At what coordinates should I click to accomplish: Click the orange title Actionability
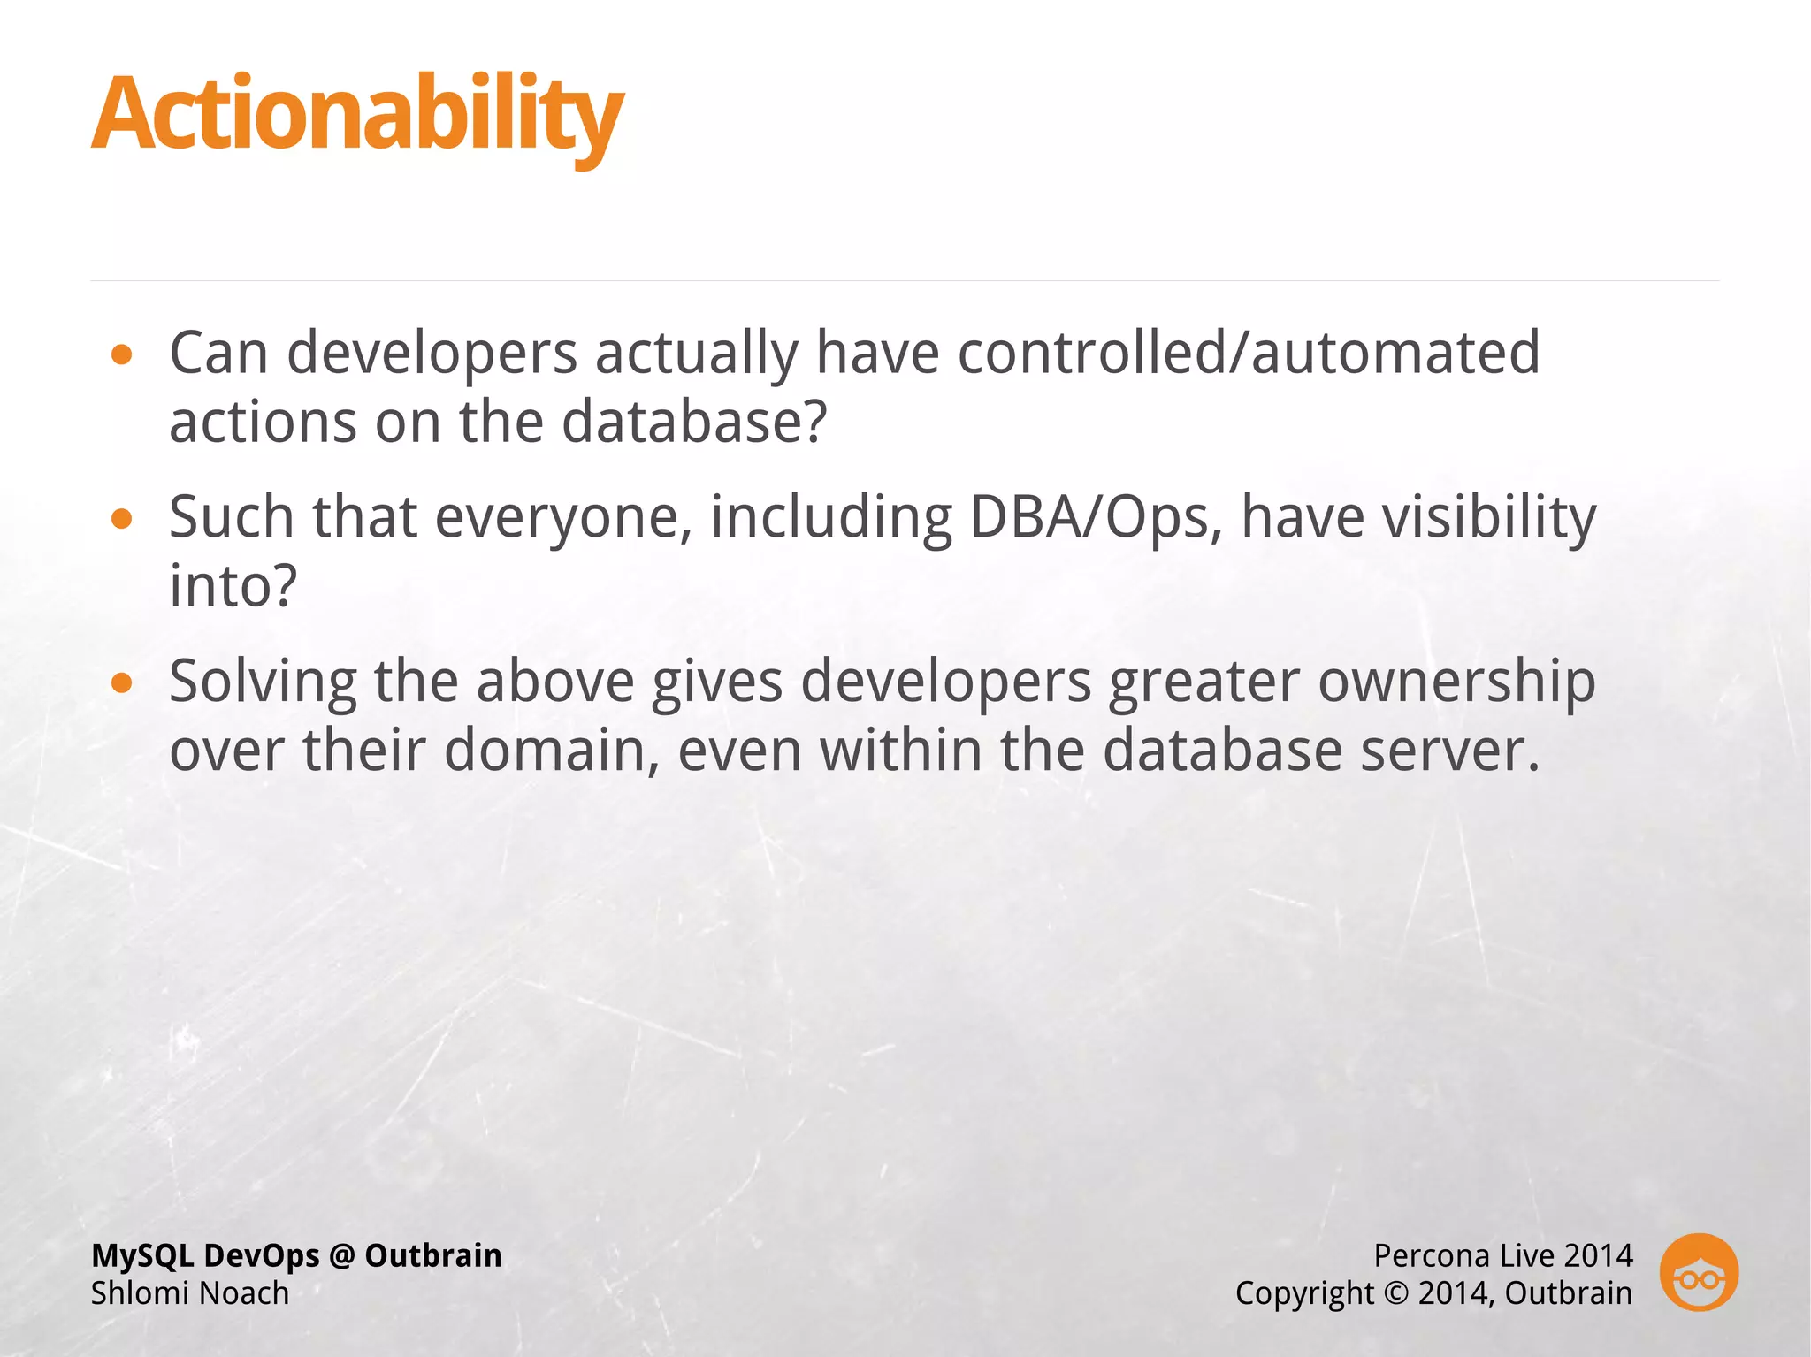[357, 115]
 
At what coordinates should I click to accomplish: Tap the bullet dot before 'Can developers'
[122, 355]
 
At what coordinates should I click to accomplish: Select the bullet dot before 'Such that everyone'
[122, 519]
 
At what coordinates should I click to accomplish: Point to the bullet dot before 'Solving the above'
[122, 682]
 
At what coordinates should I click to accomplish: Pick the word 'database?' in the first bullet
[694, 421]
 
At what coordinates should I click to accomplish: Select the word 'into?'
[233, 585]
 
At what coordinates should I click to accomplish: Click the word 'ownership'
[1456, 682]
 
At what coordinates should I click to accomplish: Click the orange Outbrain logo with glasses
[1698, 1272]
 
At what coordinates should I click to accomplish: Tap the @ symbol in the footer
[342, 1255]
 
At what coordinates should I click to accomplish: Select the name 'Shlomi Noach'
[190, 1293]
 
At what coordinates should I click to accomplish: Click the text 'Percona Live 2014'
[1502, 1255]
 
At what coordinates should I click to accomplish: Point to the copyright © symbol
[1395, 1293]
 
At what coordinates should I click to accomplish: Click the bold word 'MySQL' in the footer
[141, 1255]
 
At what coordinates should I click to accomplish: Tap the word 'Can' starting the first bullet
[218, 353]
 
